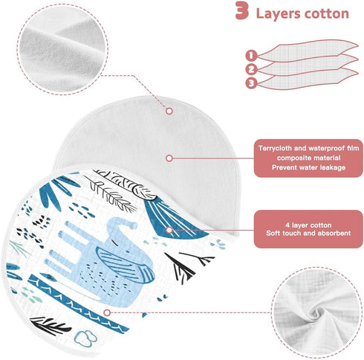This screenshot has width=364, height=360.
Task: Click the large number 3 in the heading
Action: tap(241, 10)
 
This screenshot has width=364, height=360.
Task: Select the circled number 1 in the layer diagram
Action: tap(251, 55)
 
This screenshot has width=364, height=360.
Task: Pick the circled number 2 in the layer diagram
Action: tap(251, 69)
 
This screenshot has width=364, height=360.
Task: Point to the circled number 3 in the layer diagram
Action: tap(251, 83)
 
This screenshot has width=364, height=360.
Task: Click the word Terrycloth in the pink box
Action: tap(276, 148)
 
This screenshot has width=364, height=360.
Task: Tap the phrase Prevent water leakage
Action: tap(308, 167)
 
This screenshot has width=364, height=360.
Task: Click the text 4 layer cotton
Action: tap(308, 225)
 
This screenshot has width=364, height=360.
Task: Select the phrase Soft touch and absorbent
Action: tap(308, 233)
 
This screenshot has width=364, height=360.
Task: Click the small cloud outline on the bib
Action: tap(85, 338)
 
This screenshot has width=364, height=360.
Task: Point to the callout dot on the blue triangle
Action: tap(169, 230)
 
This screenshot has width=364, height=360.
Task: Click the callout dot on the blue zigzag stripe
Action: tap(107, 313)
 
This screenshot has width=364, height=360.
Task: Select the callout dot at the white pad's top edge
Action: tap(169, 111)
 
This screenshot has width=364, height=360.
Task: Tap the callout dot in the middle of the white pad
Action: tap(169, 158)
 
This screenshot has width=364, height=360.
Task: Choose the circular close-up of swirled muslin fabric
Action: tap(316, 312)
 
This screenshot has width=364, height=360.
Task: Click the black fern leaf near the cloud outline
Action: tap(50, 325)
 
